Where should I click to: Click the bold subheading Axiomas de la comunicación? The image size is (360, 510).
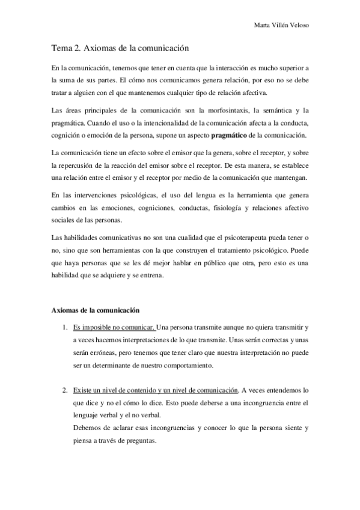[x=96, y=310]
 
